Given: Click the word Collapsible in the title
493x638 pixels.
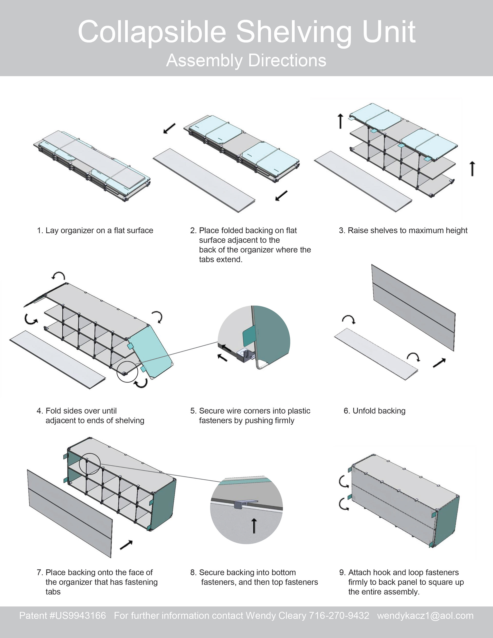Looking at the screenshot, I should [152, 32].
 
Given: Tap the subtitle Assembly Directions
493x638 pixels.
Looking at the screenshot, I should [246, 61].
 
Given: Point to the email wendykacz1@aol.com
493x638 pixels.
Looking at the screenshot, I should [425, 615].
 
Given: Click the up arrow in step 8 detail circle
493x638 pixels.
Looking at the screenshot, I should [254, 526].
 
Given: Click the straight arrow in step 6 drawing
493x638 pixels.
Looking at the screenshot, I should [439, 363].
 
